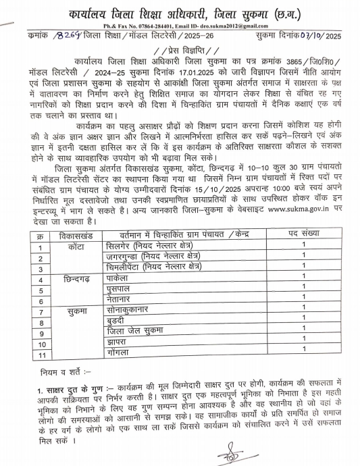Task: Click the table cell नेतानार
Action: click(120, 300)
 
